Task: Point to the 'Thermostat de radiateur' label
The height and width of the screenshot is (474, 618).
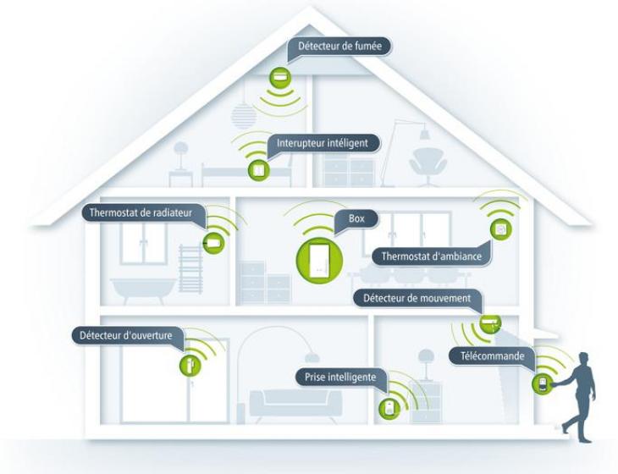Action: [x=141, y=212]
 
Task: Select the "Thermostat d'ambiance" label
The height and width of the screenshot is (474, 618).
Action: [x=431, y=256]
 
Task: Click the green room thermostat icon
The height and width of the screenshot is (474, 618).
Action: [x=500, y=229]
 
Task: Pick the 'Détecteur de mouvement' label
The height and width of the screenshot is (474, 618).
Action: [x=416, y=299]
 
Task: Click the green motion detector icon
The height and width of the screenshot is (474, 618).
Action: [x=491, y=322]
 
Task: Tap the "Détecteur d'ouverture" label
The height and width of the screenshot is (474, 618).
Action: [x=126, y=335]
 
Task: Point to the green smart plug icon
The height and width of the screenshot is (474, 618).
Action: [x=387, y=408]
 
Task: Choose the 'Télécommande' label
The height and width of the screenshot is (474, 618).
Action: [x=491, y=356]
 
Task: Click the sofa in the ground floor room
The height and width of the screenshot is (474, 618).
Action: [x=296, y=402]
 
